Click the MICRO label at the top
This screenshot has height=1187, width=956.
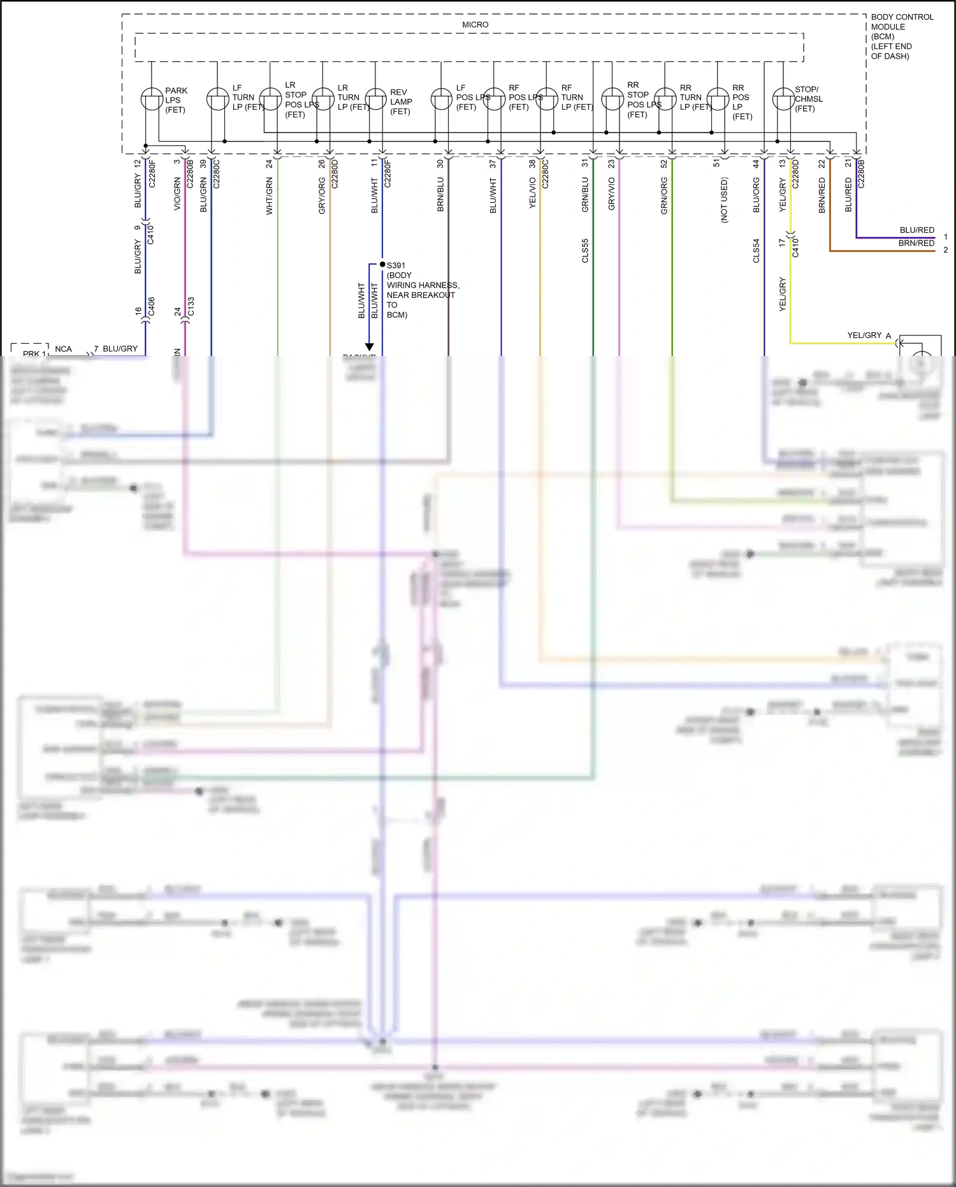[475, 25]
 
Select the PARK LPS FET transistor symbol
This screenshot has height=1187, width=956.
[152, 99]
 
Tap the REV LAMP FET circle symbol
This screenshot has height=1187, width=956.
[375, 99]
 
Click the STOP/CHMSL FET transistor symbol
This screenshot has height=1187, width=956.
[783, 99]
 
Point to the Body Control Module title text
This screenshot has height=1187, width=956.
[901, 36]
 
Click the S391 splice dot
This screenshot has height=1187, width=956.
[382, 264]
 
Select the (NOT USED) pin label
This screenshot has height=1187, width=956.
[724, 200]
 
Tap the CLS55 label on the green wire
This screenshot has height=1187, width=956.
[585, 251]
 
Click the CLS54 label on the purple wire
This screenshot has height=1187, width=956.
[757, 251]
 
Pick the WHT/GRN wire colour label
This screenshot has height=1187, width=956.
[270, 196]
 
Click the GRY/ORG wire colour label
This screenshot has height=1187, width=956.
[322, 196]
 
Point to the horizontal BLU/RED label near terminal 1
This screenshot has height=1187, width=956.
[916, 230]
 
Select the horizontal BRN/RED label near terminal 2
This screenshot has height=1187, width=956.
[916, 243]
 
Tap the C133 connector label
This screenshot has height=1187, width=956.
[191, 307]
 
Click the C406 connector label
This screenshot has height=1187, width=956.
[152, 307]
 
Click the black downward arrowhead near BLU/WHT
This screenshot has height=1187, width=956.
[369, 347]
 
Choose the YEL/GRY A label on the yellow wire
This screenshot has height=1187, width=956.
[869, 335]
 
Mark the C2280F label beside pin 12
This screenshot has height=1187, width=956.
[152, 173]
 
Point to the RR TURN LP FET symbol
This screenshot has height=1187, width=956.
[665, 99]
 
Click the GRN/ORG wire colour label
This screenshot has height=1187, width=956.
[664, 196]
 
